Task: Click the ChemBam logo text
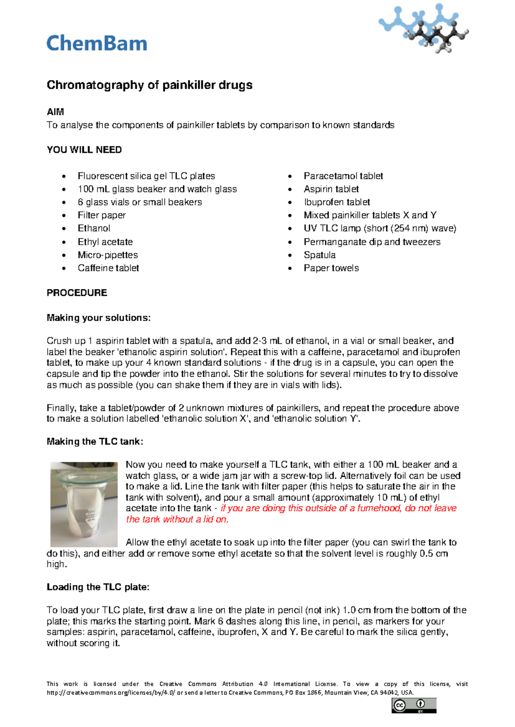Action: (x=97, y=43)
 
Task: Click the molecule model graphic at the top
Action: (x=423, y=28)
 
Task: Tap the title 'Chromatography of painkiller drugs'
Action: (x=149, y=85)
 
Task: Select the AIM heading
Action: (x=55, y=112)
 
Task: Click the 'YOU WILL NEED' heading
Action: (x=84, y=150)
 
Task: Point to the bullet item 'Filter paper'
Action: (x=102, y=215)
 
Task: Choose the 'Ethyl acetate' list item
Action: (x=105, y=242)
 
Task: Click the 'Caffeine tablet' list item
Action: (x=108, y=268)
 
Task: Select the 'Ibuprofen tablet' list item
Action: (x=337, y=202)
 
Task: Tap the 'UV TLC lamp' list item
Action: (x=380, y=228)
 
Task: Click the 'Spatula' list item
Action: (x=320, y=255)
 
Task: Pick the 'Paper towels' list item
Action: (x=331, y=268)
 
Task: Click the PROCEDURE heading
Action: (x=77, y=293)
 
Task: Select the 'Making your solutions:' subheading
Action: (x=99, y=318)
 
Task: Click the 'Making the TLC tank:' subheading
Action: (x=95, y=442)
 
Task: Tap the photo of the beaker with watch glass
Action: (x=84, y=504)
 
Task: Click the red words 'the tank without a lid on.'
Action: (x=177, y=520)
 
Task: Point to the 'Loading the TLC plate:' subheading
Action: (x=98, y=587)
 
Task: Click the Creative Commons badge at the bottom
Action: (x=414, y=706)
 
